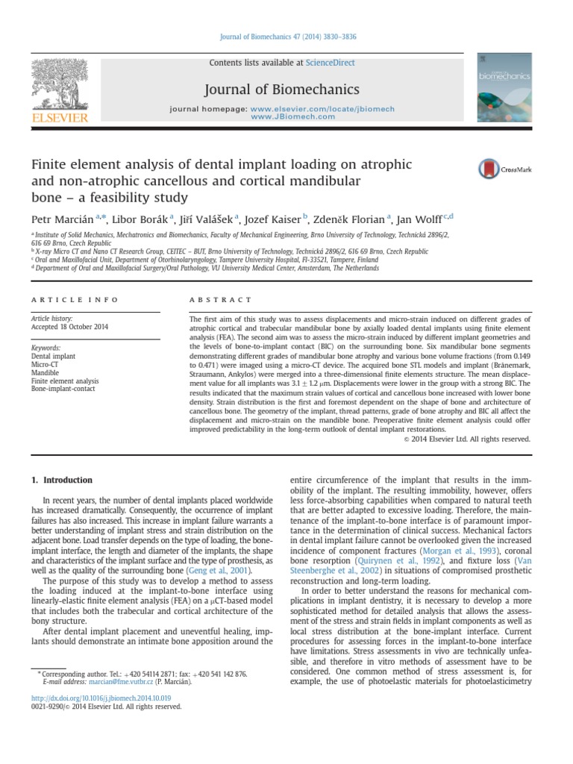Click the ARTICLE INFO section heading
(x=74, y=299)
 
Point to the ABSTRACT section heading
(x=221, y=299)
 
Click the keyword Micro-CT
(x=46, y=365)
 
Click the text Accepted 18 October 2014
(x=69, y=326)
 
